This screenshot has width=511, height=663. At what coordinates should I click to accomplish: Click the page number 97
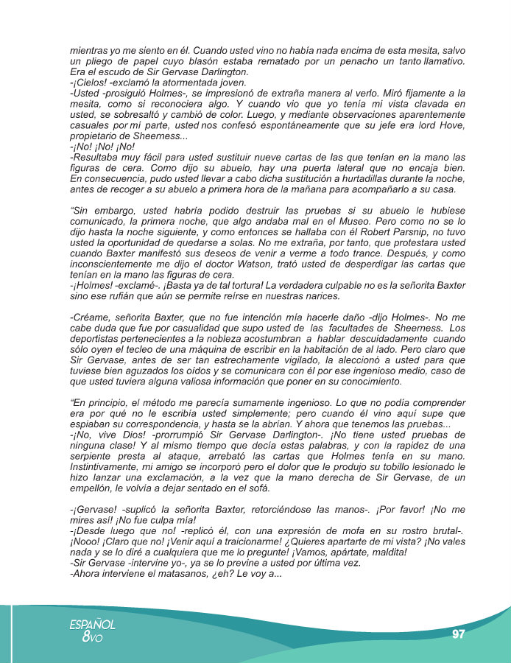coord(459,634)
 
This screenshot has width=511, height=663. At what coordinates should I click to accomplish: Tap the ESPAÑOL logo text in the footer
coord(93,625)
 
